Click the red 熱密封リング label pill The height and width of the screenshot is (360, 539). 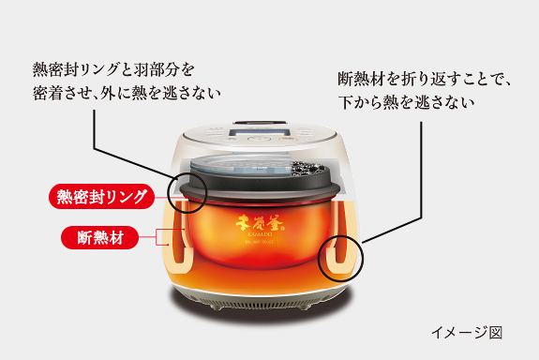[101, 197]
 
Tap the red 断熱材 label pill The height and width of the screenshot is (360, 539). [99, 237]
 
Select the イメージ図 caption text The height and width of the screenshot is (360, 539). [467, 333]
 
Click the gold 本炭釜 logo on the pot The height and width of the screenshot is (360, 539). [260, 223]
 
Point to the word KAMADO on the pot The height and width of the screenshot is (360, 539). [260, 234]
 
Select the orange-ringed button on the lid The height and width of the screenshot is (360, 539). [288, 139]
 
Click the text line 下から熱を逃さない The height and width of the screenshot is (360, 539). [406, 102]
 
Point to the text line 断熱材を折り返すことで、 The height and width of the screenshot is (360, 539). [424, 79]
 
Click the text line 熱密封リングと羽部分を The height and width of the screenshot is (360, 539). [113, 69]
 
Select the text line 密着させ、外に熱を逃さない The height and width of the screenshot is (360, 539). [127, 93]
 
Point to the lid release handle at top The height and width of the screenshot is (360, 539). [260, 123]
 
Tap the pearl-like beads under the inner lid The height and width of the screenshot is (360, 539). [307, 169]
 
